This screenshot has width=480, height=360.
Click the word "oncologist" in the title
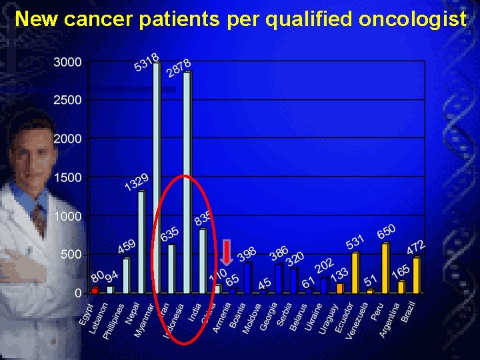tap(413, 19)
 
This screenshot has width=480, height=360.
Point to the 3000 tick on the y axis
tap(68, 62)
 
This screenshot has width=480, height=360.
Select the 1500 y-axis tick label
tap(68, 178)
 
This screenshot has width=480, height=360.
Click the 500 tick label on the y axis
tap(71, 255)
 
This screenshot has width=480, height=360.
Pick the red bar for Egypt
tap(95, 290)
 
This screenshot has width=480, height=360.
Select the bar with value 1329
tap(141, 242)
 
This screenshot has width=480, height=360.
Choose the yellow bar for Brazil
tap(417, 275)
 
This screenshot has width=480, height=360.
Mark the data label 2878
tap(178, 68)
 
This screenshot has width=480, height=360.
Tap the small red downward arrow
tap(226, 253)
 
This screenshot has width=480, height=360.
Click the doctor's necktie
tap(39, 221)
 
